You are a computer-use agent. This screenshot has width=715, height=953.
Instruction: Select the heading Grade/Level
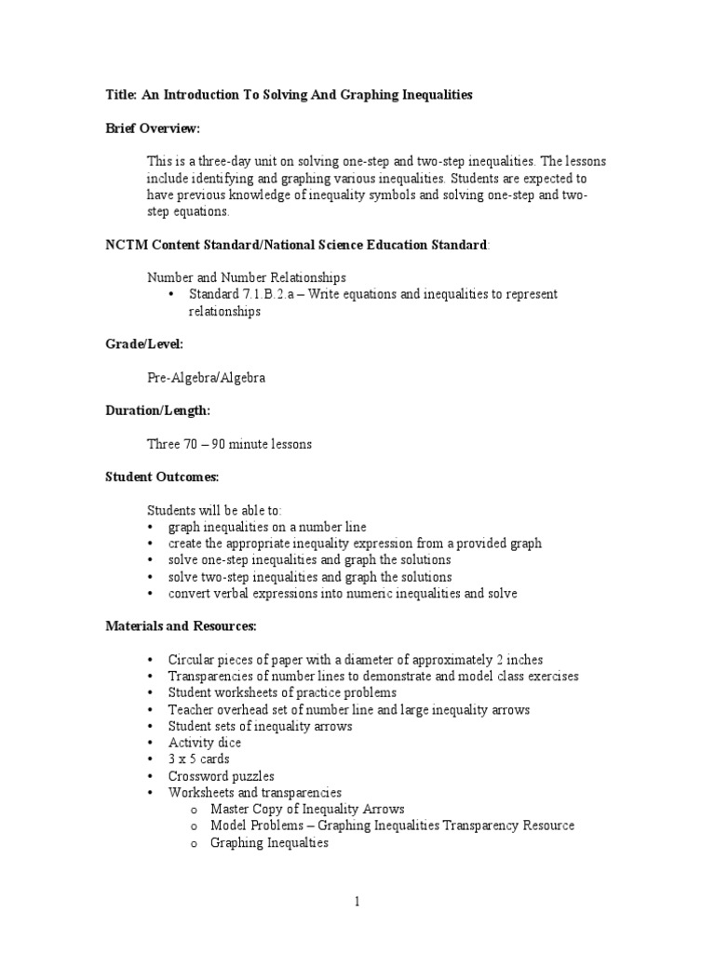pyautogui.click(x=143, y=344)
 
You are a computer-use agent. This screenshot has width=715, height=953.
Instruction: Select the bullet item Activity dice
pyautogui.click(x=204, y=743)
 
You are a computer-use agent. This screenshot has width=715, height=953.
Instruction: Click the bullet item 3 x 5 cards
pyautogui.click(x=198, y=759)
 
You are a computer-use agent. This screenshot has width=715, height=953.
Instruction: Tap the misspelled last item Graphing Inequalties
pyautogui.click(x=269, y=843)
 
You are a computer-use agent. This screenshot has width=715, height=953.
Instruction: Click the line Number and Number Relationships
pyautogui.click(x=247, y=277)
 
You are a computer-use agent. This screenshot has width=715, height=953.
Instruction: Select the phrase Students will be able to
pyautogui.click(x=213, y=510)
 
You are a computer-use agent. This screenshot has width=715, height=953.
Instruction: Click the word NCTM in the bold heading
pyautogui.click(x=124, y=245)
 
